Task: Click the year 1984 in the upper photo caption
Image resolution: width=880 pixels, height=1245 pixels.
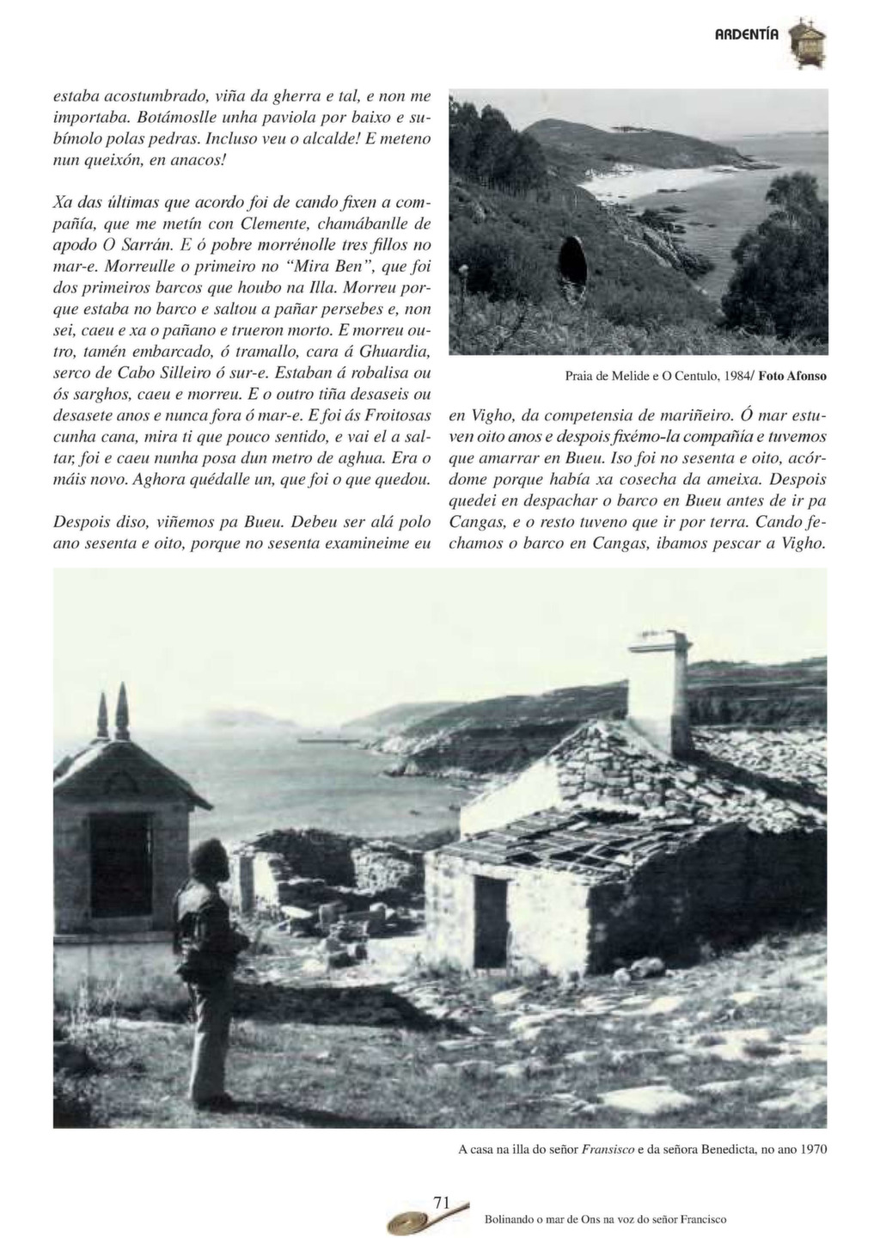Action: [733, 376]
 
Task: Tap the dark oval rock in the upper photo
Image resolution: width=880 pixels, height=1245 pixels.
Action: [572, 267]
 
